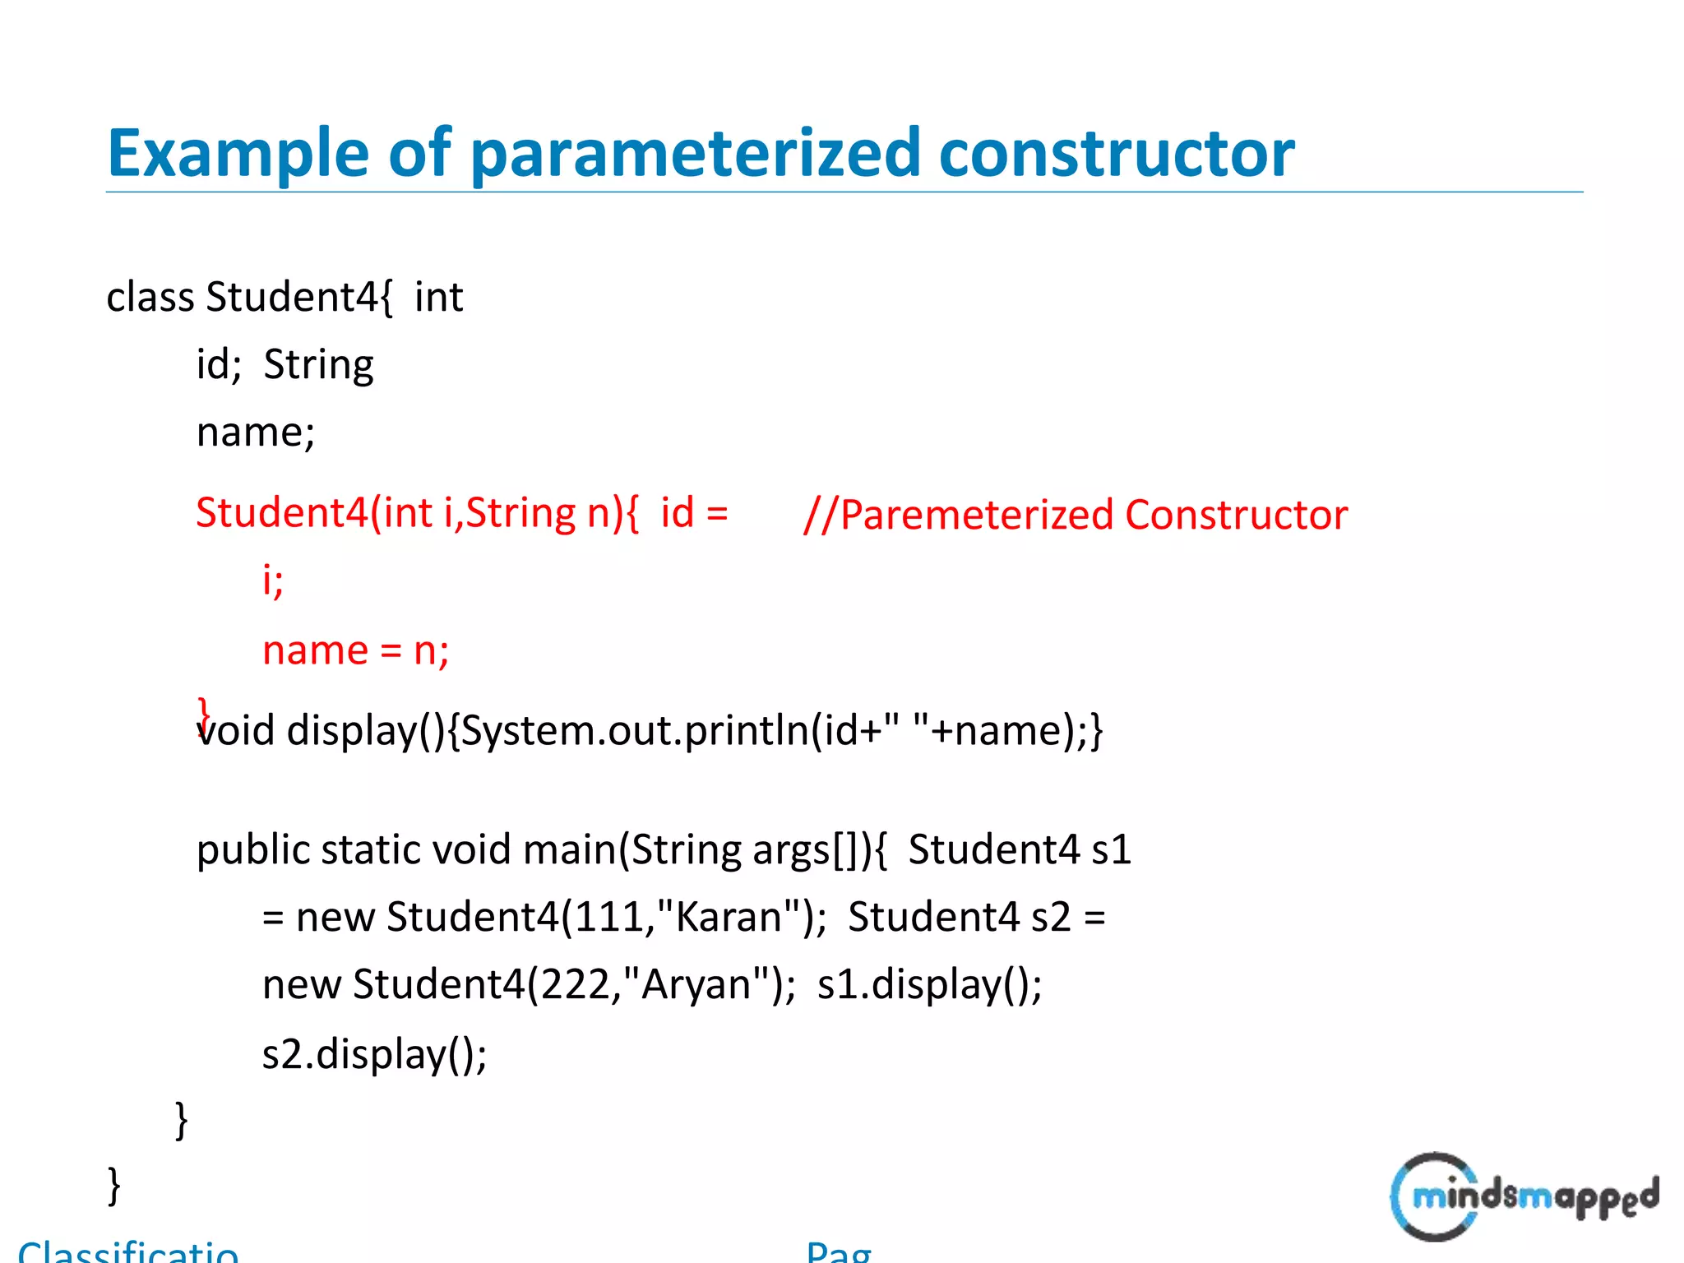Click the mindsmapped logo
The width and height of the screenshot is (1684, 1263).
coord(1524,1196)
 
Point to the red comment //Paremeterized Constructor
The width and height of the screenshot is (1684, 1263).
coord(1075,516)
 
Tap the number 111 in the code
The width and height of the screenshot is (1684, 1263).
coord(608,917)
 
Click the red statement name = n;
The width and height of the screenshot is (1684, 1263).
coord(355,650)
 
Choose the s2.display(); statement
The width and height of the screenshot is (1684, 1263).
coord(374,1053)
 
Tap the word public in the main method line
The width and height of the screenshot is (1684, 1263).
coord(252,849)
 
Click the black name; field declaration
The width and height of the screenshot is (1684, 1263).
coord(255,433)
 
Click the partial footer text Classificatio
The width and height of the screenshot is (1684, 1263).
coord(128,1251)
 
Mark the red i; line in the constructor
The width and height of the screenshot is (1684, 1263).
coord(272,581)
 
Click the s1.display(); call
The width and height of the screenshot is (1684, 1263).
coord(929,984)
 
